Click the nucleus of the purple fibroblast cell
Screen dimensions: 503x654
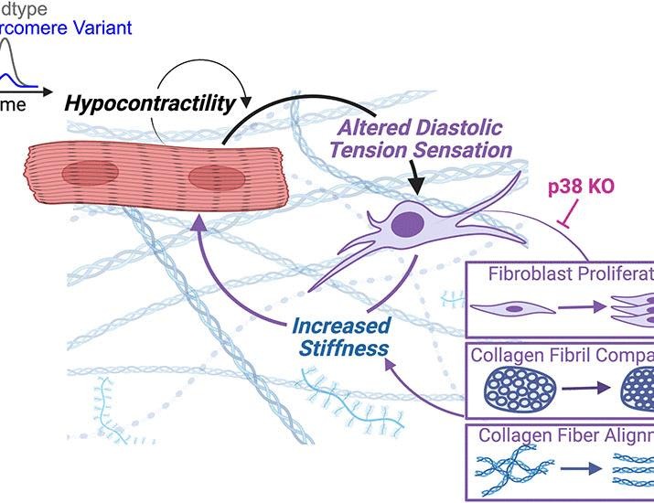(x=407, y=224)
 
